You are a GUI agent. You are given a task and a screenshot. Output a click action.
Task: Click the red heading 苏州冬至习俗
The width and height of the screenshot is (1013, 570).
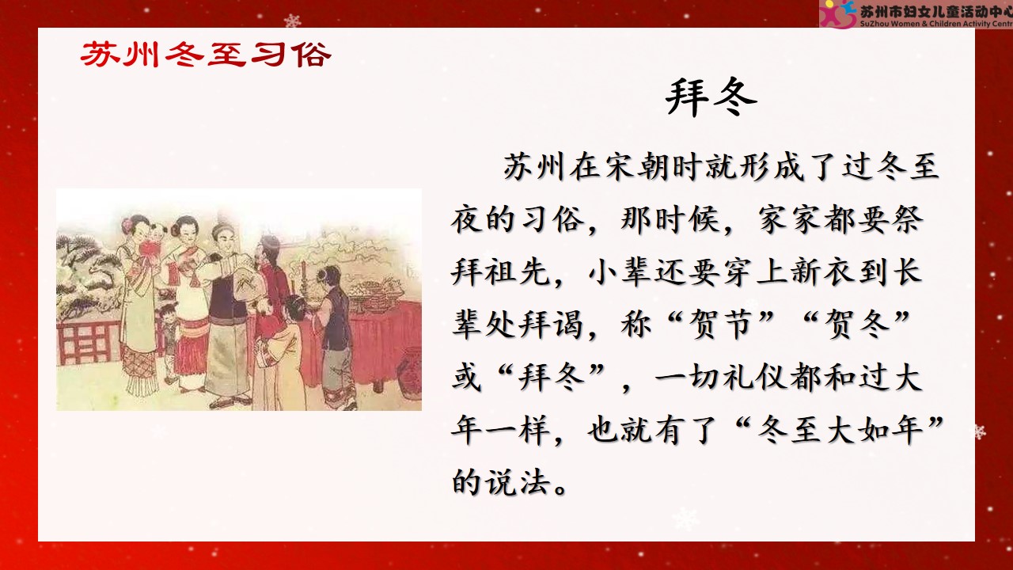(x=206, y=55)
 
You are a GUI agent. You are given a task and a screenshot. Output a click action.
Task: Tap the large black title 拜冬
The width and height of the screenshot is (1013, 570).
(x=711, y=97)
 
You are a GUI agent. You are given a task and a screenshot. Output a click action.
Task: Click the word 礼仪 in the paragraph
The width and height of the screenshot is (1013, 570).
(x=754, y=377)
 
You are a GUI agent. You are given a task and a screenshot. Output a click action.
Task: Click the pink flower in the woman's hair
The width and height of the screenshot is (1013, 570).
(x=126, y=223)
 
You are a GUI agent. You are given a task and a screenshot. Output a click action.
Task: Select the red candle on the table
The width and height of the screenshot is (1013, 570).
(x=304, y=270)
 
